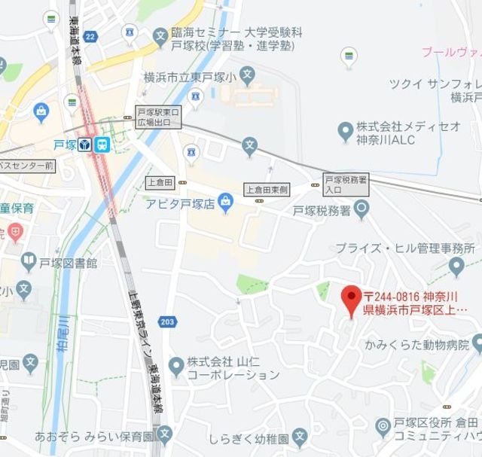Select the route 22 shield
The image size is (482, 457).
pyautogui.click(x=91, y=36)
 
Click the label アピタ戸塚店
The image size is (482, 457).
pyautogui.click(x=180, y=203)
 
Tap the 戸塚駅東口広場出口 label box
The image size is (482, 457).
pyautogui.click(x=159, y=117)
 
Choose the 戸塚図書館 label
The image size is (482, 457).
pyautogui.click(x=69, y=263)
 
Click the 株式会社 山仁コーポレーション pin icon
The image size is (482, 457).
pyautogui.click(x=175, y=367)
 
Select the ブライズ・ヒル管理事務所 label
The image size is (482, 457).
pyautogui.click(x=405, y=248)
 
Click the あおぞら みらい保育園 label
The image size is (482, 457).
pyautogui.click(x=94, y=435)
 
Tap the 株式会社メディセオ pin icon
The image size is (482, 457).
pyautogui.click(x=345, y=133)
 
